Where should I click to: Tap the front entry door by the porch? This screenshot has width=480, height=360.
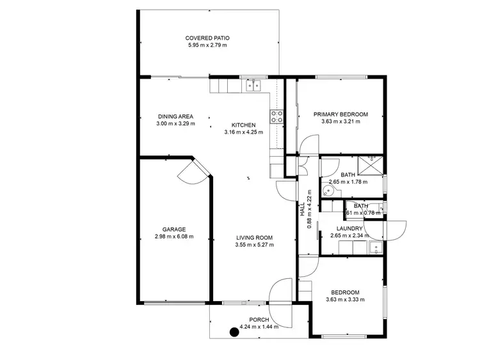[x=282, y=293]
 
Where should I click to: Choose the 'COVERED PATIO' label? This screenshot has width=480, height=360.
[x=209, y=38]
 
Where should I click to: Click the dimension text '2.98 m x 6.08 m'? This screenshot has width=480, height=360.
[x=173, y=237]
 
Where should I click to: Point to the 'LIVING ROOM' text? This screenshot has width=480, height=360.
[x=254, y=237]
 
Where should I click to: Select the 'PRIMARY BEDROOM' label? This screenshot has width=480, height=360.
[x=340, y=114]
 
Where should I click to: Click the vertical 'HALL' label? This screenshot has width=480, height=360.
[x=303, y=208]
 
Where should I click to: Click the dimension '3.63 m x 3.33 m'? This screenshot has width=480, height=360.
[x=345, y=299]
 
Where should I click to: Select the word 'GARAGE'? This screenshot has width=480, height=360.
[x=173, y=229]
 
